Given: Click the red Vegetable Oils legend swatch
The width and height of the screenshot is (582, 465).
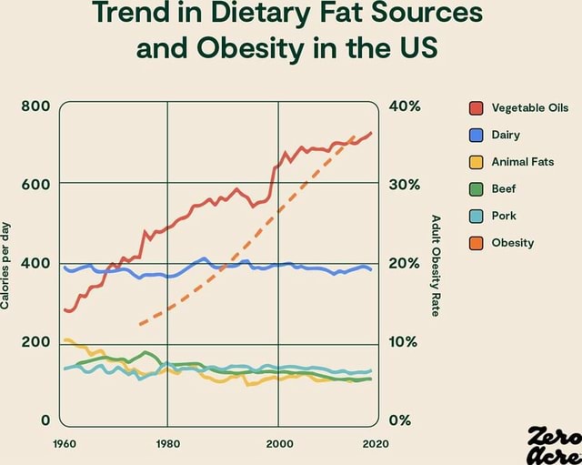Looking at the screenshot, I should pos(476,109).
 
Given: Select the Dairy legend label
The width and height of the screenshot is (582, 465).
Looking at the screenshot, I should pos(506,136).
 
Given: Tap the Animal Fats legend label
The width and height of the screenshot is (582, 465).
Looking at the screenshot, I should pos(522,162).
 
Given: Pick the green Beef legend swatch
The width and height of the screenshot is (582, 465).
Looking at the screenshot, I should pos(476,189).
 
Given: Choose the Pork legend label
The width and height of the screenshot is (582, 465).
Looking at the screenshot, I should pos(504,216).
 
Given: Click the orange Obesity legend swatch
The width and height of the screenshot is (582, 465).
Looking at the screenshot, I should pos(476,242).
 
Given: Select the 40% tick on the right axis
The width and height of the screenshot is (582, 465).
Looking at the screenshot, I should pos(403,106).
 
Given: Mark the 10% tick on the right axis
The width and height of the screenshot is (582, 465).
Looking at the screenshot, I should pos(403,342).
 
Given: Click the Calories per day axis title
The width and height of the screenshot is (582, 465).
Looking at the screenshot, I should pos(7,264).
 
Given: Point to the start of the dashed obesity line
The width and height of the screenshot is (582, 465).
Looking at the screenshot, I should pos(139,323).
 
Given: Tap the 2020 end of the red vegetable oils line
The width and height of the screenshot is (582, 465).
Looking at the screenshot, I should pos(371,133).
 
